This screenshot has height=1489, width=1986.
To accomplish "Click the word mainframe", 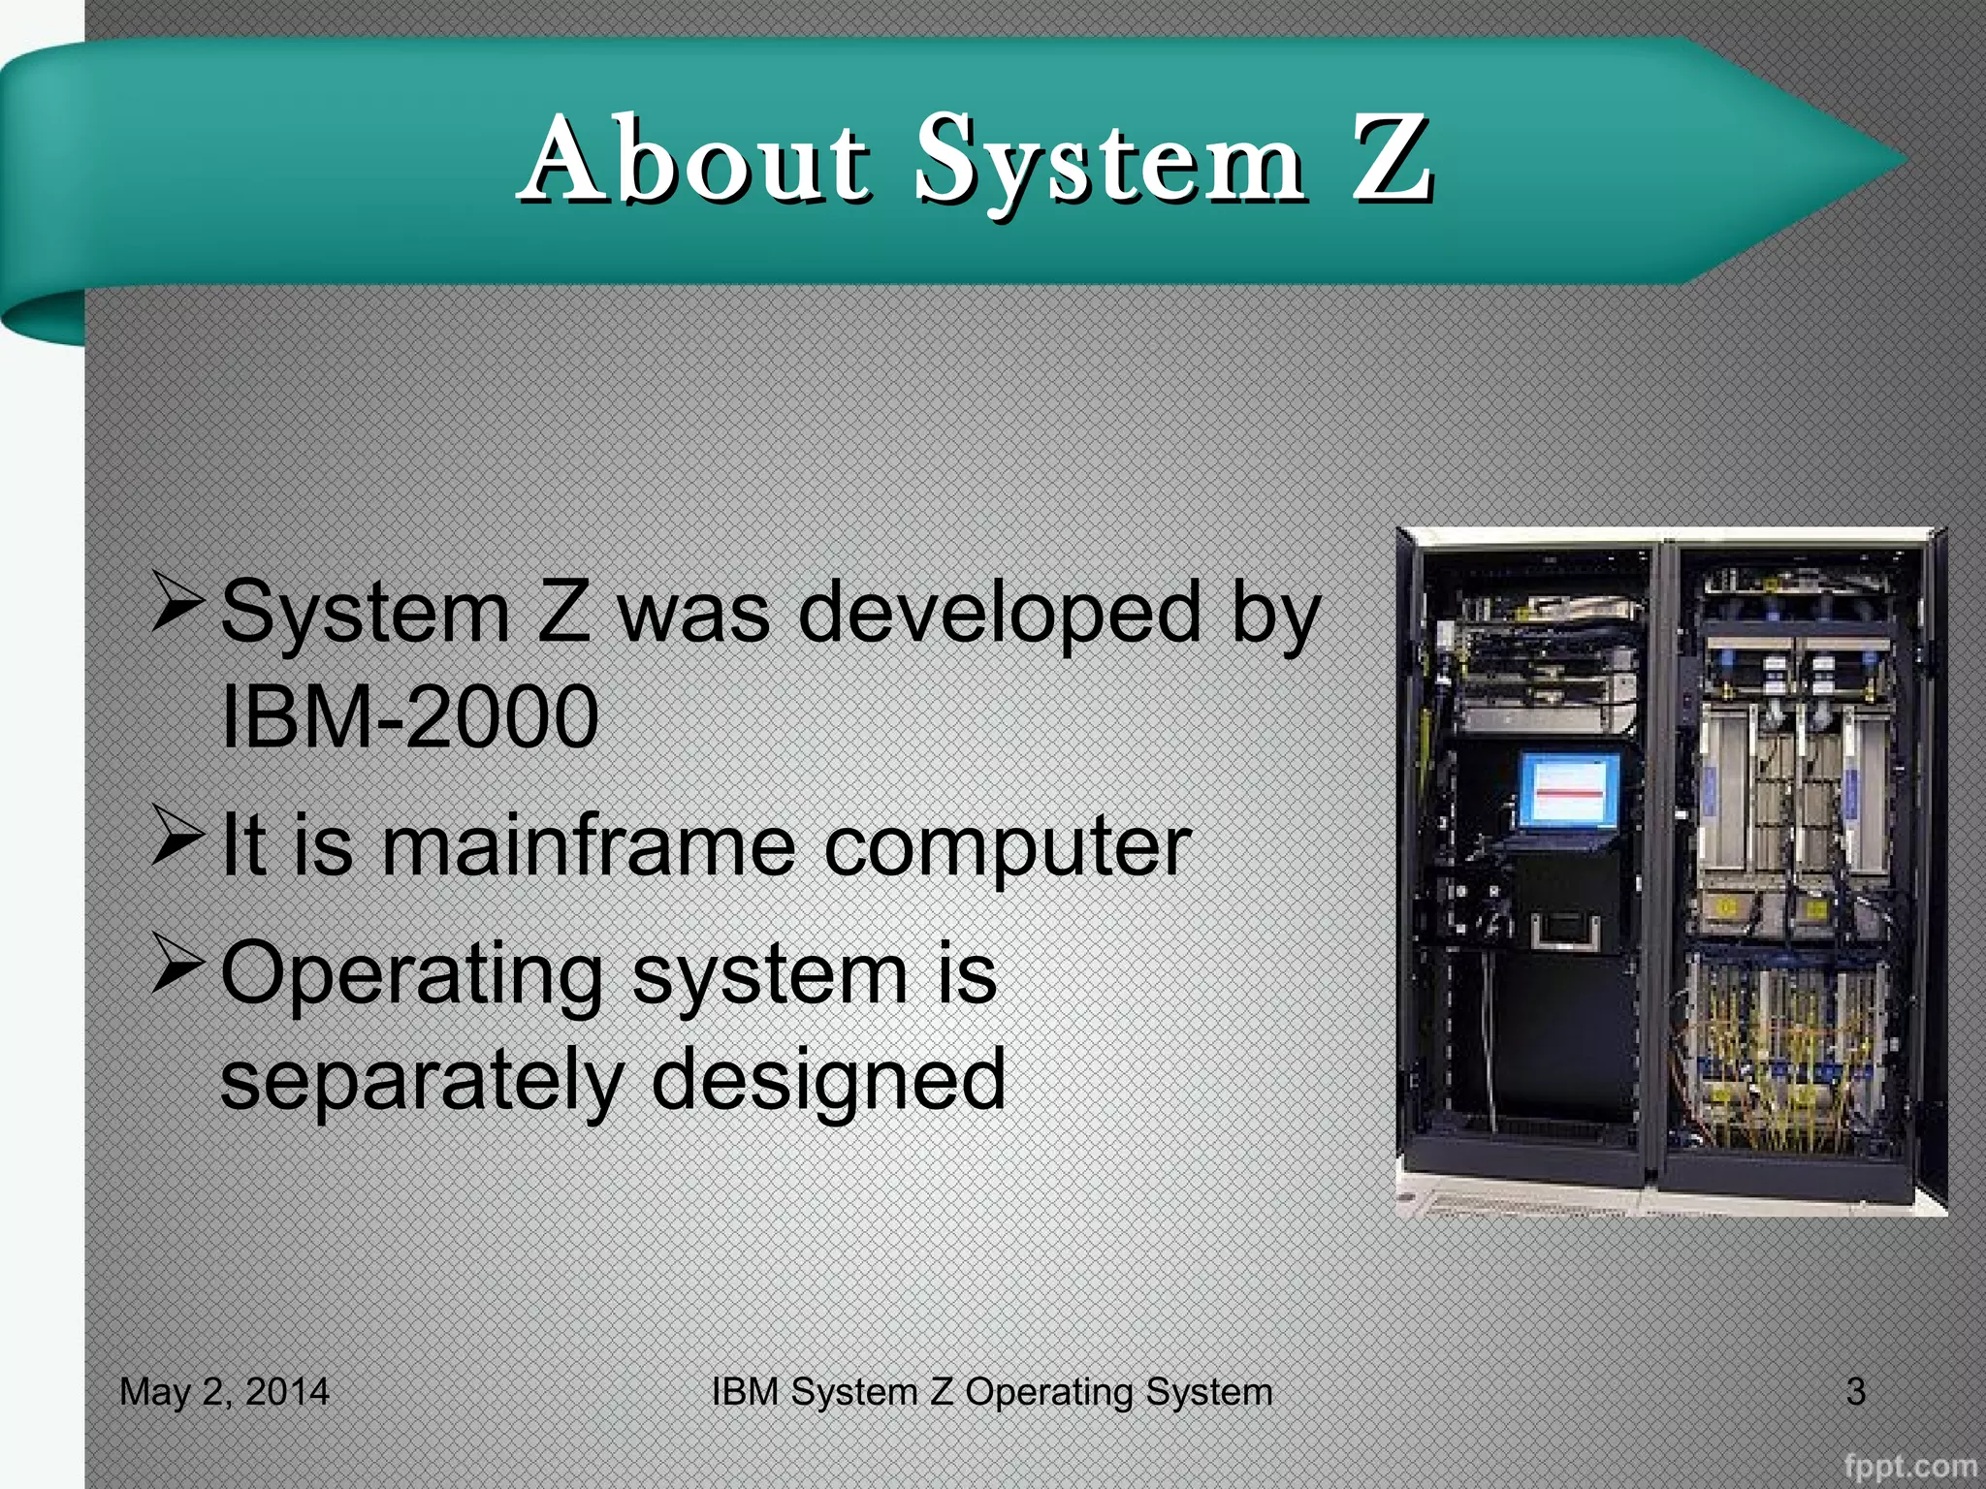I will coord(589,845).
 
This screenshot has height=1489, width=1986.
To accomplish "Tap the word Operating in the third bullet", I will coord(412,973).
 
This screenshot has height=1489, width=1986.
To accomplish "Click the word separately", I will coord(422,1079).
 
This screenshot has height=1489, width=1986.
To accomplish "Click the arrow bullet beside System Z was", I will coord(177,603).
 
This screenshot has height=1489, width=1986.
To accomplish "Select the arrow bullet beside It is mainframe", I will coord(177,836).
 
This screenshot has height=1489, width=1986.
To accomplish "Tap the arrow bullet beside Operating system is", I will coord(177,965).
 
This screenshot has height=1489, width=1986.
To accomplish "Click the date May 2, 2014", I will coord(224,1391).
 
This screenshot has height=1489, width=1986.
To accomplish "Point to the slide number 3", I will coord(1855,1391).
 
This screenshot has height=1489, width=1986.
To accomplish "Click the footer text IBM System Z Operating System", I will coord(991,1391).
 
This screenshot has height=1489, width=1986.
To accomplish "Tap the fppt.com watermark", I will coord(1909,1465).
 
